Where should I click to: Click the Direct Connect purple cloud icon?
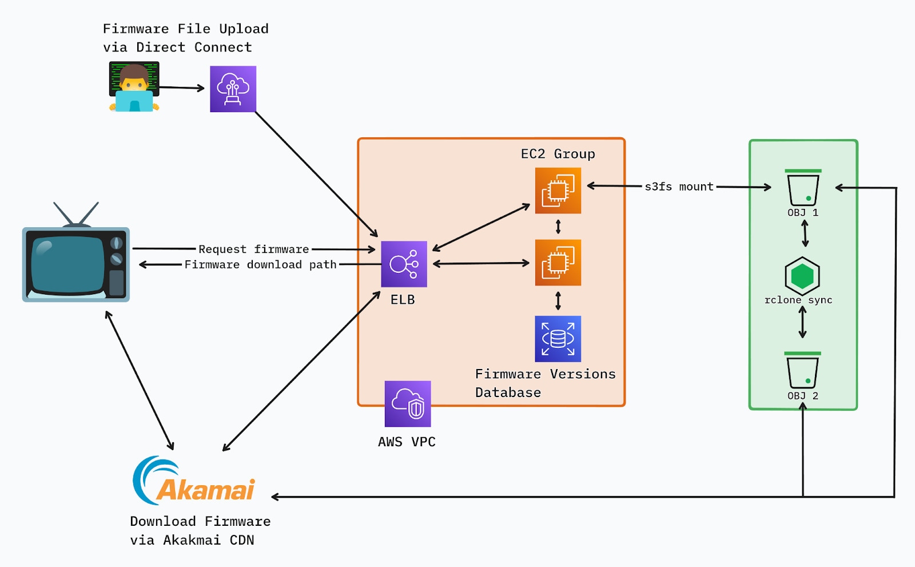pyautogui.click(x=233, y=89)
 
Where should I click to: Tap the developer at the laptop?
pyautogui.click(x=134, y=88)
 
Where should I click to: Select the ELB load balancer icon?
pyautogui.click(x=404, y=264)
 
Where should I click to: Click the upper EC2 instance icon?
pyautogui.click(x=558, y=191)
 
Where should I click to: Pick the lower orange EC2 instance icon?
pyautogui.click(x=558, y=263)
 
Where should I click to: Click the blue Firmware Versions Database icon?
pyautogui.click(x=558, y=339)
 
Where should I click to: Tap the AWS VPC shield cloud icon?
pyautogui.click(x=407, y=404)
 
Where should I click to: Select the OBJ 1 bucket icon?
pyautogui.click(x=803, y=188)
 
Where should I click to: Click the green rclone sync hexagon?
pyautogui.click(x=802, y=276)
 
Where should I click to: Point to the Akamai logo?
pyautogui.click(x=194, y=482)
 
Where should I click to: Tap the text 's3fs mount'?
pyautogui.click(x=679, y=187)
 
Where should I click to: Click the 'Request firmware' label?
pyautogui.click(x=253, y=249)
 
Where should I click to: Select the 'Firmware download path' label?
pyautogui.click(x=260, y=264)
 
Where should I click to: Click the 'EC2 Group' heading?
pyautogui.click(x=558, y=154)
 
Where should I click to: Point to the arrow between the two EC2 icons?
pyautogui.click(x=558, y=227)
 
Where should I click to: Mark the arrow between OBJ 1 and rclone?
pyautogui.click(x=805, y=233)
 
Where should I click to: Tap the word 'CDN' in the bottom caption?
pyautogui.click(x=242, y=540)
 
